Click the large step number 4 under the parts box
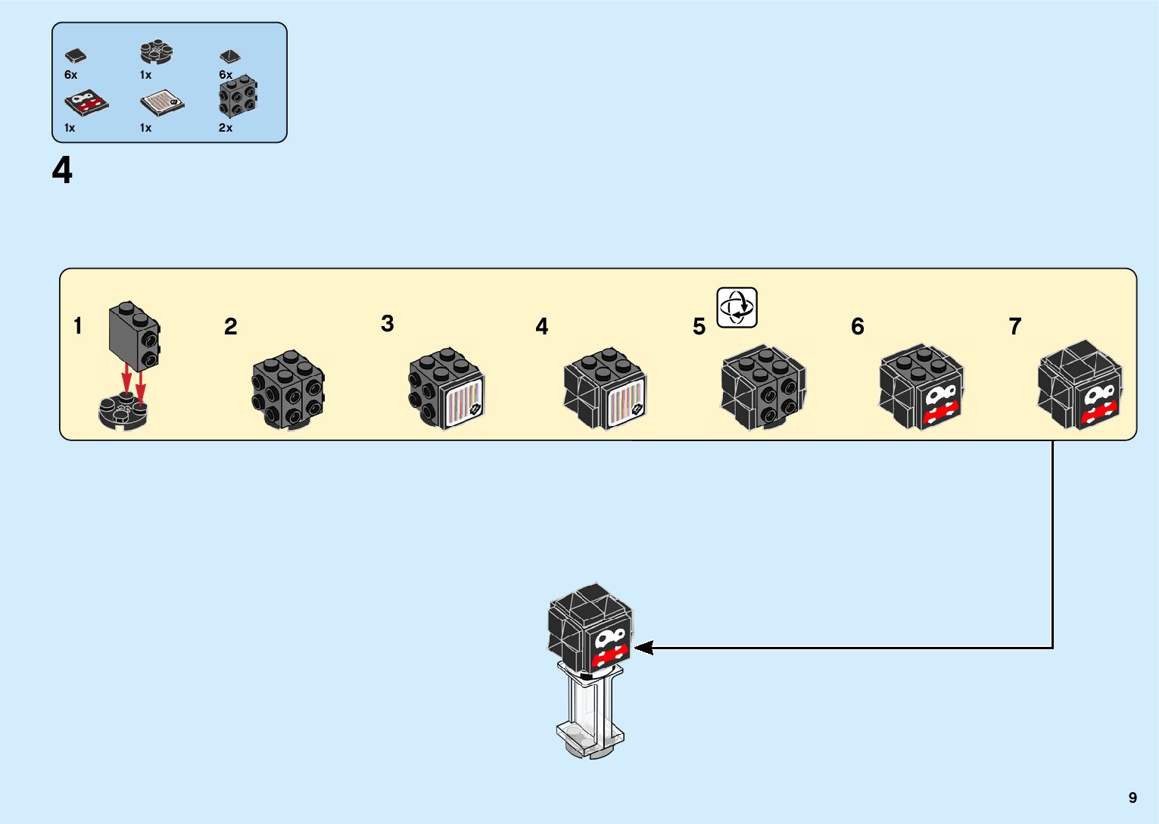[62, 170]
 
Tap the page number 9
[1133, 797]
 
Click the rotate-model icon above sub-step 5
[737, 308]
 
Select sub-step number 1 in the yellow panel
[78, 326]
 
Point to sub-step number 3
[388, 323]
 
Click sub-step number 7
[1015, 326]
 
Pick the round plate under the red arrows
[123, 411]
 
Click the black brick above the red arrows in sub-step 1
[134, 336]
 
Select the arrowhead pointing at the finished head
[643, 648]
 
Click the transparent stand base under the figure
[590, 741]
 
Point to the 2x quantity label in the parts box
[226, 127]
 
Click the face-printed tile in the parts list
[86, 104]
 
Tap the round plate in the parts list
[156, 52]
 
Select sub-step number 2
[231, 326]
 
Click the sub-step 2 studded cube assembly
[288, 390]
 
